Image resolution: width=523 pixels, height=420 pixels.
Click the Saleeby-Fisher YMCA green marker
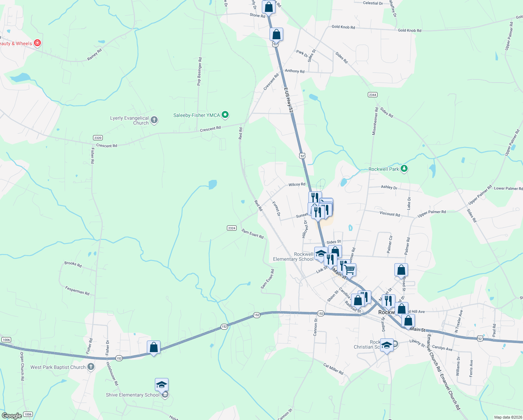tap(225, 114)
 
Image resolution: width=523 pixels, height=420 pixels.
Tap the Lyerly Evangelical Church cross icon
tap(154, 120)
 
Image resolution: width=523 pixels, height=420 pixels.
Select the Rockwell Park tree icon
tap(404, 169)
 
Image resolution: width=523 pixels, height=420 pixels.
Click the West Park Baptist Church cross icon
tap(91, 367)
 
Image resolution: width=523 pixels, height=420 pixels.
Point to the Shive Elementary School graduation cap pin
tap(162, 385)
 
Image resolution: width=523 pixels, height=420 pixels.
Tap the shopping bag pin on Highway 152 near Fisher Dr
tap(153, 348)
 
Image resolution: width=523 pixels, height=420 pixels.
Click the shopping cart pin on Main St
tap(349, 270)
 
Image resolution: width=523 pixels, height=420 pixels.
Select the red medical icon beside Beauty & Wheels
tap(37, 43)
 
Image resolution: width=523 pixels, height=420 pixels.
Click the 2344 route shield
tap(372, 94)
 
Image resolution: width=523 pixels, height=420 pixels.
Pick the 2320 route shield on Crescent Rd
tap(98, 138)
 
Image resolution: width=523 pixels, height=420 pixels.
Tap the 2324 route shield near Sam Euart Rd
tap(231, 228)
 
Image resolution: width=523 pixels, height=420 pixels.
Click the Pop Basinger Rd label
tap(199, 71)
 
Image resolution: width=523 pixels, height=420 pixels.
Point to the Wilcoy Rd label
tap(297, 184)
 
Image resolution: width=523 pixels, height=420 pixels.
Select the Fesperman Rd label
tap(77, 290)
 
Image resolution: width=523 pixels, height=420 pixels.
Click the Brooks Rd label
tap(73, 264)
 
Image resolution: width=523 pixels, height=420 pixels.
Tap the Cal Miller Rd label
tap(333, 369)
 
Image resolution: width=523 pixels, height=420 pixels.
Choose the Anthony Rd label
tap(294, 71)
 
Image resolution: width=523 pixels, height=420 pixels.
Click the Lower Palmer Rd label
tap(508, 188)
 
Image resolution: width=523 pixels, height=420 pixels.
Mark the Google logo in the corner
tap(12, 415)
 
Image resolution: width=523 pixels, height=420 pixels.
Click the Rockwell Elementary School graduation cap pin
tap(321, 254)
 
